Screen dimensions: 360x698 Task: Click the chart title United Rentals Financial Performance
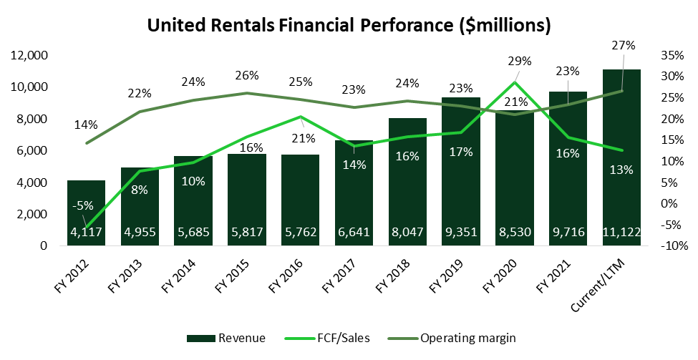(x=349, y=25)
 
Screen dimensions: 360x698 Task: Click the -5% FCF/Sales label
(x=84, y=206)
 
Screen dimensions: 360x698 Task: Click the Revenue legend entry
(x=226, y=338)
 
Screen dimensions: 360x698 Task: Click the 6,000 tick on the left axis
(x=32, y=151)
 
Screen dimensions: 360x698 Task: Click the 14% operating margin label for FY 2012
(x=85, y=125)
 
